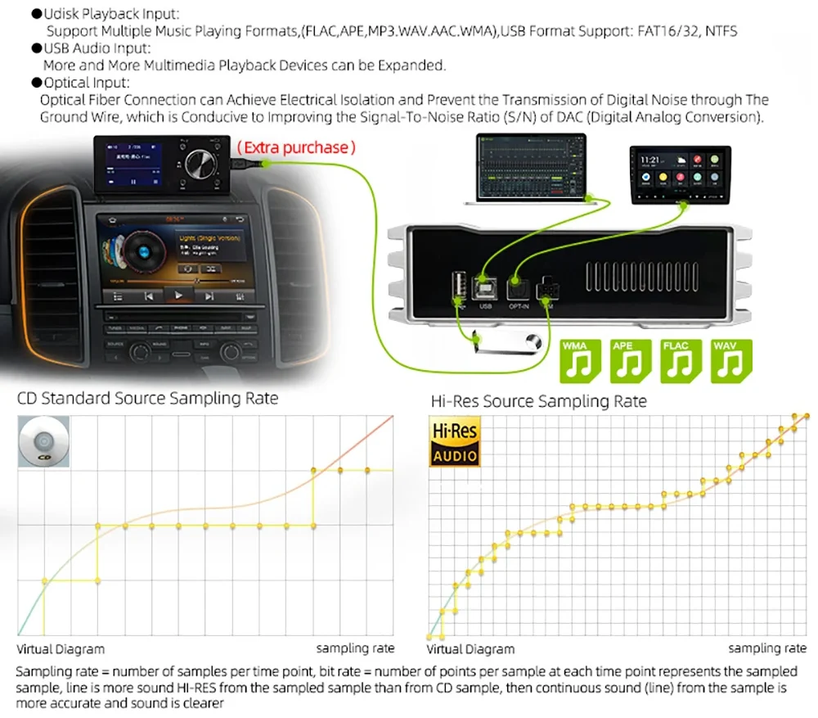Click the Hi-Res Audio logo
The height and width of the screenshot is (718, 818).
pyautogui.click(x=455, y=443)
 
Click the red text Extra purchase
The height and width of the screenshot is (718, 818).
pyautogui.click(x=296, y=148)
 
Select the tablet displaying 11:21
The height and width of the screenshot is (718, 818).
pyautogui.click(x=680, y=174)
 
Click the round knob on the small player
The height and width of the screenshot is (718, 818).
pyautogui.click(x=200, y=164)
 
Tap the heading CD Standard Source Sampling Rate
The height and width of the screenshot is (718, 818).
pyautogui.click(x=148, y=399)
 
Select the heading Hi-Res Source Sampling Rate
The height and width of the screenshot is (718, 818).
pyautogui.click(x=538, y=401)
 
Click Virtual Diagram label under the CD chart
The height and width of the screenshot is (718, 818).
pyautogui.click(x=61, y=648)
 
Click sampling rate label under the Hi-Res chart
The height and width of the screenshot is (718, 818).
pyautogui.click(x=766, y=648)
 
